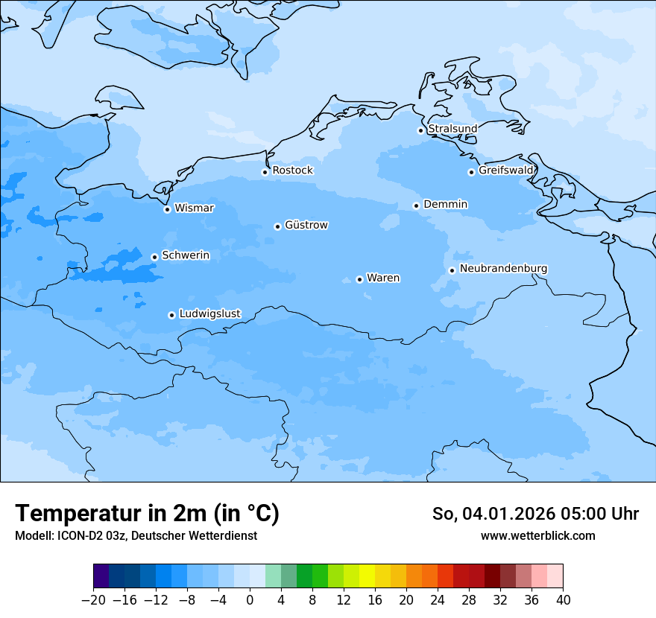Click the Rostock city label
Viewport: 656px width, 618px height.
[x=292, y=171]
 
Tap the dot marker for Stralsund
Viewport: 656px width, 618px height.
[x=420, y=130]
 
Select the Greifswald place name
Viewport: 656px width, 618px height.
[x=506, y=171]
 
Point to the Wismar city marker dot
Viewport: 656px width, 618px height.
[x=167, y=209]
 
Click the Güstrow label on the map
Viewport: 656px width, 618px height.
[x=306, y=225]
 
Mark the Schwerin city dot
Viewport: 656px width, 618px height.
[x=154, y=257]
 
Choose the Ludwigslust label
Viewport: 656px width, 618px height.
[x=209, y=313]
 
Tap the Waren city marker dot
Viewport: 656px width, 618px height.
[x=359, y=279]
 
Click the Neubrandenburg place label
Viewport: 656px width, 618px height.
[x=503, y=269]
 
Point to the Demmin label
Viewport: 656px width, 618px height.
[x=445, y=204]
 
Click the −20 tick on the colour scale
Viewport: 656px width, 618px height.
[x=94, y=600]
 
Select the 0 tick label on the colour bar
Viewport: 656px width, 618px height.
[x=250, y=600]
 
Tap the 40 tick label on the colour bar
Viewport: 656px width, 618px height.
[x=563, y=600]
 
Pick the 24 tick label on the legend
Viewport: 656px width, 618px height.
[x=438, y=600]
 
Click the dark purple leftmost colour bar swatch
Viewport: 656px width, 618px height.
[x=101, y=576]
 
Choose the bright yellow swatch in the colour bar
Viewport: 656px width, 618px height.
[x=367, y=576]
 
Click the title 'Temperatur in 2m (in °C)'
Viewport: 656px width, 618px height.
[x=147, y=513]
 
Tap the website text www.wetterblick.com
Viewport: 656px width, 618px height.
[x=537, y=535]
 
